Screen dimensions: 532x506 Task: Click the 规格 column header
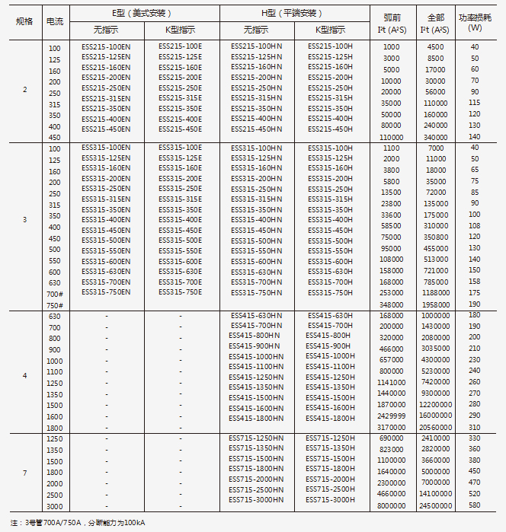pos(24,21)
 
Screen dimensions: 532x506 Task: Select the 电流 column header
pos(55,21)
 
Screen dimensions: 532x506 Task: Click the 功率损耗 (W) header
pos(475,21)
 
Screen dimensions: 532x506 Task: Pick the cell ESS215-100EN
pos(106,46)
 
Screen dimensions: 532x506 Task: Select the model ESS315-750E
pos(181,292)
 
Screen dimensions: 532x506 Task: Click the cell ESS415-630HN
pos(256,315)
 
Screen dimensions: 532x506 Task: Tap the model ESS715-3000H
pos(331,499)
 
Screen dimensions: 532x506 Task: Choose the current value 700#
pos(55,293)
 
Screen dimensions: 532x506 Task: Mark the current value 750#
pos(55,304)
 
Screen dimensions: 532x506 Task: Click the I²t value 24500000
pos(436,506)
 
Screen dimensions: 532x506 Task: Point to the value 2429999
pos(391,416)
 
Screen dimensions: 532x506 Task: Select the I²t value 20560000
pos(436,428)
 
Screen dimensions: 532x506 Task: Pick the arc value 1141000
pos(391,382)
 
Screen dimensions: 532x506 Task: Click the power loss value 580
pos(475,506)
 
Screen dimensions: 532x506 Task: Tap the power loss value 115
pos(475,103)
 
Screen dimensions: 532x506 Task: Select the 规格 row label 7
pos(24,473)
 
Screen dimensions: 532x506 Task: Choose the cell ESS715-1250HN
pos(256,438)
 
